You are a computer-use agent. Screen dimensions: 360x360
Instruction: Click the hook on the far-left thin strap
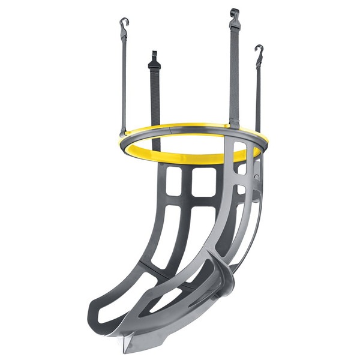pos(124,24)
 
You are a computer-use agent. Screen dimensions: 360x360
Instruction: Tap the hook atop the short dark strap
pos(154,56)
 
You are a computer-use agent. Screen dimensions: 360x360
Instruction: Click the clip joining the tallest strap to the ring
pos(235,124)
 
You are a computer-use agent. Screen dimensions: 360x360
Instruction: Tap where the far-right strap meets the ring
pos(258,135)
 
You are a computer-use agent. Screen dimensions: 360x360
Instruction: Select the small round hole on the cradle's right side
pos(257,178)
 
